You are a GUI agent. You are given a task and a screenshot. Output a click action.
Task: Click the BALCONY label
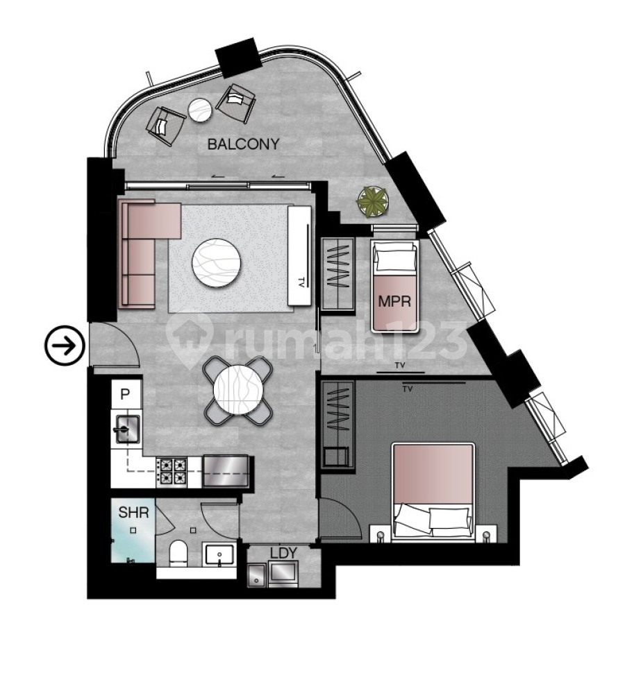pyautogui.click(x=243, y=144)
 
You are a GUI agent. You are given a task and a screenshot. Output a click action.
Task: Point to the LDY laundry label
pyautogui.click(x=283, y=553)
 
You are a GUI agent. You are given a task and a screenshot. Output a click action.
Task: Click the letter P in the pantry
pyautogui.click(x=125, y=395)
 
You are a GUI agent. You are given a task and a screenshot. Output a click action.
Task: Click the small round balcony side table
pyautogui.click(x=201, y=109)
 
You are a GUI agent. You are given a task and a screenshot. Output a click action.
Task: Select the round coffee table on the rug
pyautogui.click(x=217, y=262)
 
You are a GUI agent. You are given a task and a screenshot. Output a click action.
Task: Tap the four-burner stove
pyautogui.click(x=172, y=470)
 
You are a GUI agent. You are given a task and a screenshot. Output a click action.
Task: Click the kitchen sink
pyautogui.click(x=126, y=429)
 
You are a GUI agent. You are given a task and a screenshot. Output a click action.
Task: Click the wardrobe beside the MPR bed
pyautogui.click(x=337, y=272)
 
